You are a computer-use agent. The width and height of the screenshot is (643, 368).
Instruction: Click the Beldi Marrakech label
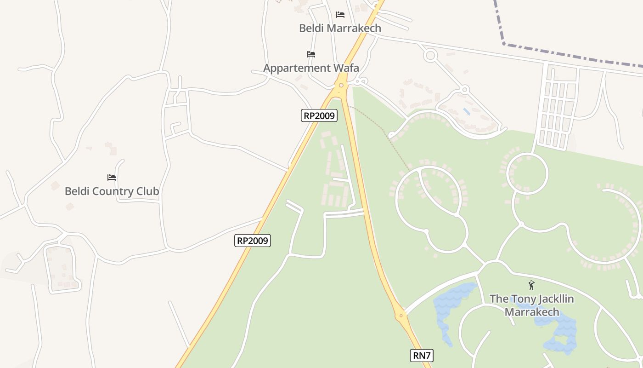340,28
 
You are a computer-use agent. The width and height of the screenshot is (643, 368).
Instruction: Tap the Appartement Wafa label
311,68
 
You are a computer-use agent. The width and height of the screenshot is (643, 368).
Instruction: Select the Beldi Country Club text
112,191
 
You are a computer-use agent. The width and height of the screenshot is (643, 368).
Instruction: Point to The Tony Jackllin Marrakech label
532,305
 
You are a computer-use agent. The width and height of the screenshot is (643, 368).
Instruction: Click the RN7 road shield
422,356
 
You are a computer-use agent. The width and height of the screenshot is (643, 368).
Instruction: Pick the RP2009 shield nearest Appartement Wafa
319,115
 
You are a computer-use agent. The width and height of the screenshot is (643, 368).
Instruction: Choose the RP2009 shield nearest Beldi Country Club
253,241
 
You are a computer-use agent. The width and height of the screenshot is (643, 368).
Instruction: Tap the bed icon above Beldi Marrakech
340,15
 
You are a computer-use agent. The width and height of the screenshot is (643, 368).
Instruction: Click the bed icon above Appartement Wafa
311,54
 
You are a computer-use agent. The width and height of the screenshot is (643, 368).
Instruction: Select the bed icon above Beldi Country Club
112,177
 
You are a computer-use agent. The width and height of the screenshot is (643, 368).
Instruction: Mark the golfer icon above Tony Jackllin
531,285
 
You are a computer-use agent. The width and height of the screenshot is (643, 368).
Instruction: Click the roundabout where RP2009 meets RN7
341,85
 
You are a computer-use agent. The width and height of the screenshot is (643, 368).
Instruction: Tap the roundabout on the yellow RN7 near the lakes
401,316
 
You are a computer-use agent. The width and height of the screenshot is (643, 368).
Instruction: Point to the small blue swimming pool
467,111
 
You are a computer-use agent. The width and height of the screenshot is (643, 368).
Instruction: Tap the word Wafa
345,68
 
